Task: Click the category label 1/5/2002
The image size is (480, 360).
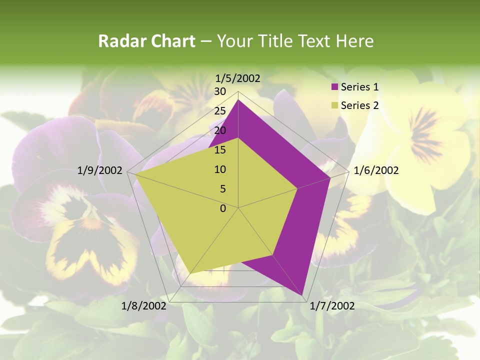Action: [x=238, y=78]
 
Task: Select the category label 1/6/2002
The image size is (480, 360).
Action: [x=376, y=171]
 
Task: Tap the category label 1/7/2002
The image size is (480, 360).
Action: [x=332, y=306]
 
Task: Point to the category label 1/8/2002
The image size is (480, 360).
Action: [x=144, y=306]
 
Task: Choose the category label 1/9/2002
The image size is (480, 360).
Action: [x=100, y=171]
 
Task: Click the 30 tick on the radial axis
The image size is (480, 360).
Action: [x=220, y=92]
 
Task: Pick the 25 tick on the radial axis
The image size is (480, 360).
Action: [x=220, y=111]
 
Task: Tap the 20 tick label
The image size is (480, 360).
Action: [x=220, y=131]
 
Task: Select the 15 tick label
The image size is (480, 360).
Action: [x=220, y=150]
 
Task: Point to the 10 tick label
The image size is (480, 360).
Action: [x=220, y=170]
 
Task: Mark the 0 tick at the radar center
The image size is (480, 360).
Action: [x=223, y=208]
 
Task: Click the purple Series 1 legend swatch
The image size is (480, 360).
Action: [x=335, y=87]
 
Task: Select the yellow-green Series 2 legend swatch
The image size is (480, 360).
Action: [x=335, y=105]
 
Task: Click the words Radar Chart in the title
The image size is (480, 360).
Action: [x=146, y=41]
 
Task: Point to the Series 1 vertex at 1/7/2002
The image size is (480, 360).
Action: [x=302, y=295]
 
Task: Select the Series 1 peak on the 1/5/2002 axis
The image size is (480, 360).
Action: [x=238, y=100]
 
